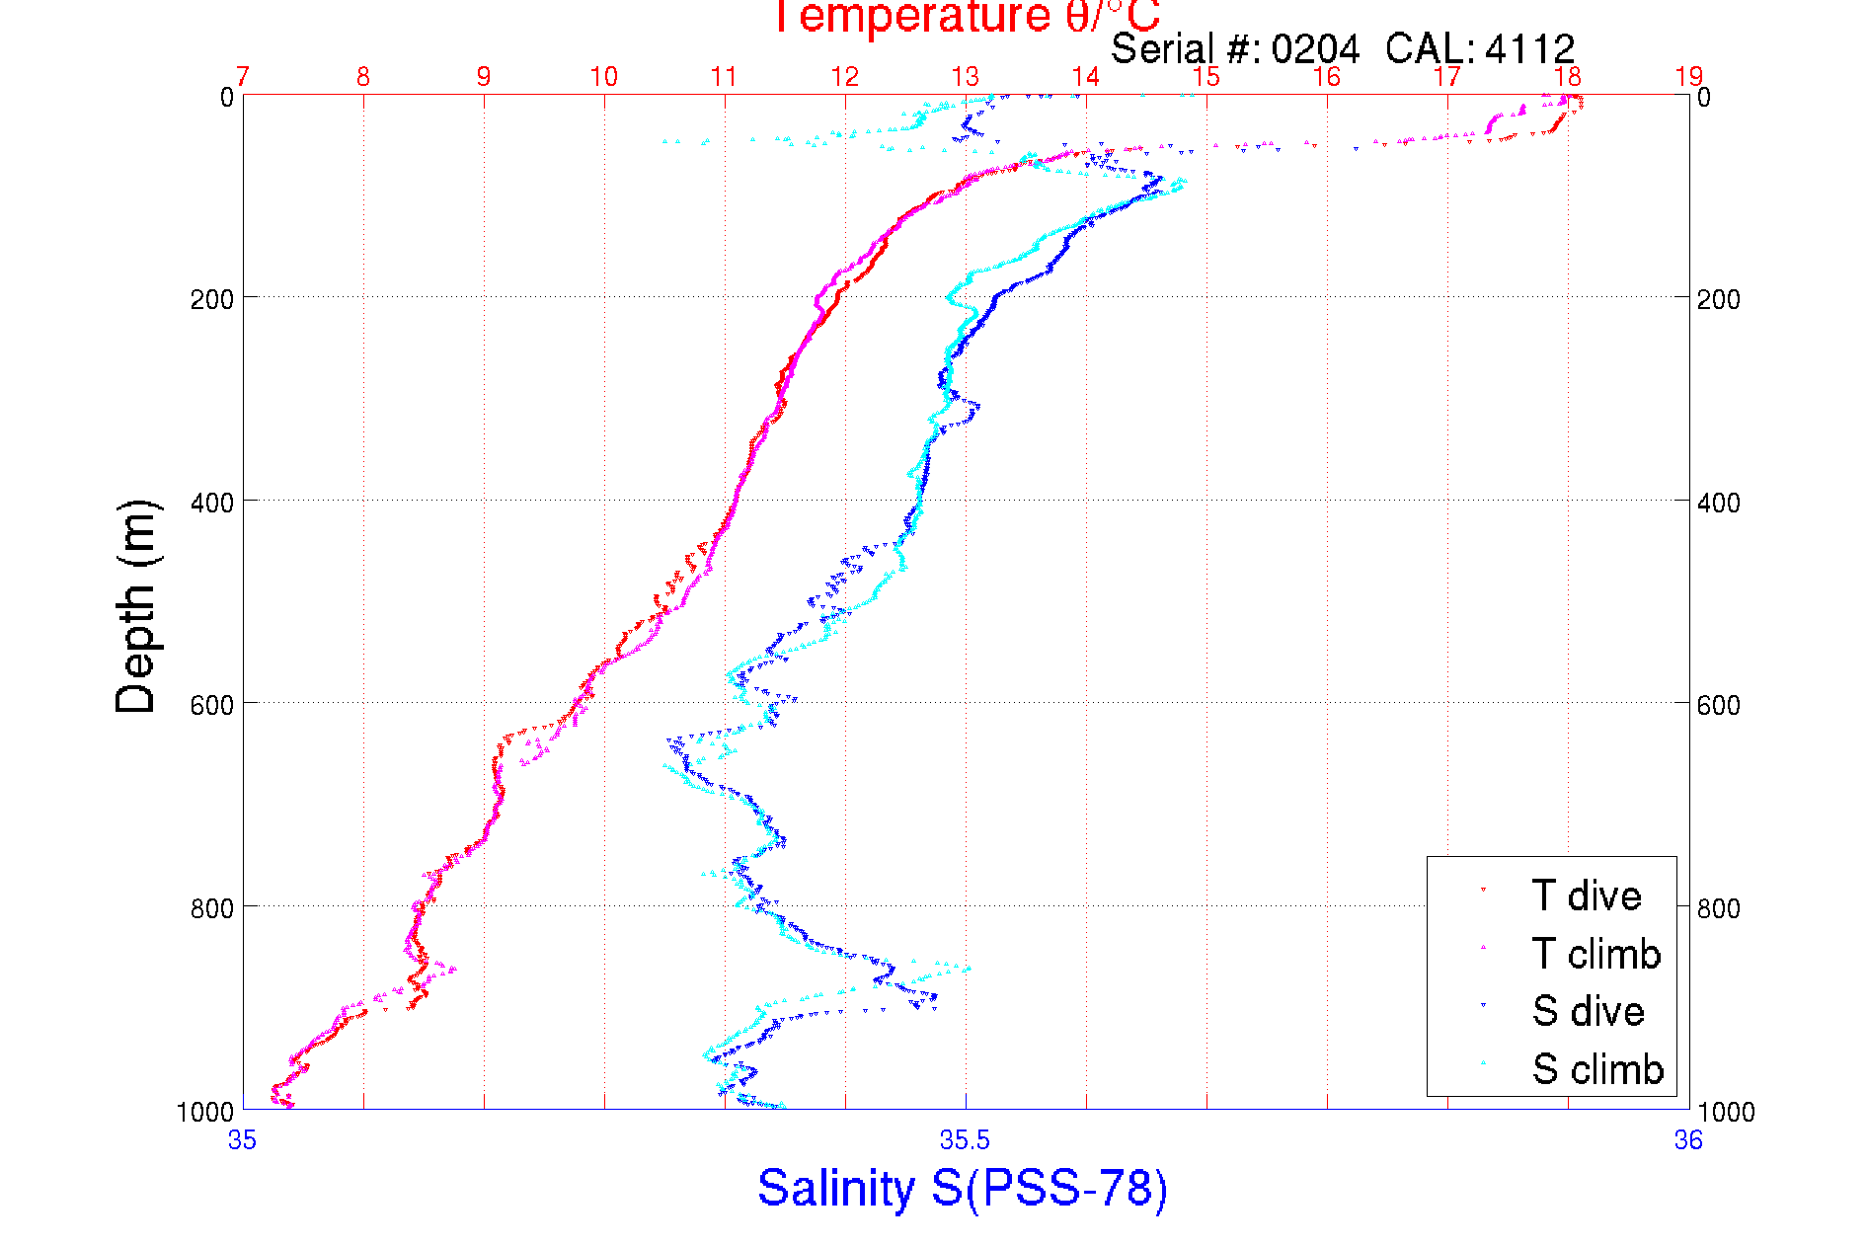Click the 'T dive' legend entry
click(1586, 896)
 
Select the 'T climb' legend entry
click(1595, 954)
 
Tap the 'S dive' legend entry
click(1588, 1011)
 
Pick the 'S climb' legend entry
click(1597, 1069)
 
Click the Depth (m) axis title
click(136, 606)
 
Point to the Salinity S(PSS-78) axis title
click(963, 1187)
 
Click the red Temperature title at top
click(966, 17)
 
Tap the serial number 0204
click(1314, 48)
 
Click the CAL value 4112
click(1528, 48)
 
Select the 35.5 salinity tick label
click(965, 1140)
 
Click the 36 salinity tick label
click(1688, 1140)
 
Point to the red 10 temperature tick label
click(604, 77)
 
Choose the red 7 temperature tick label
click(243, 77)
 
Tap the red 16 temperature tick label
click(1327, 77)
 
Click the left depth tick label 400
click(211, 503)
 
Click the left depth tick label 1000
click(205, 1112)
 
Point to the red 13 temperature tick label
click(966, 77)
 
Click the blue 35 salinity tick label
click(242, 1140)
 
